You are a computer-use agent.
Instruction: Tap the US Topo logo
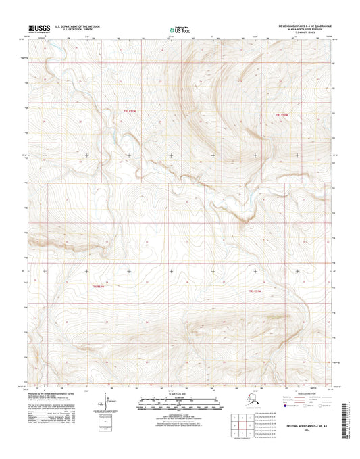(x=179, y=30)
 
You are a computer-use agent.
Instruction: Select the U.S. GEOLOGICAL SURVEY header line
(x=77, y=31)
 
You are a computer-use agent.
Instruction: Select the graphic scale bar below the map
(x=179, y=406)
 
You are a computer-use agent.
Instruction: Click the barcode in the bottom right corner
(x=346, y=419)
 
